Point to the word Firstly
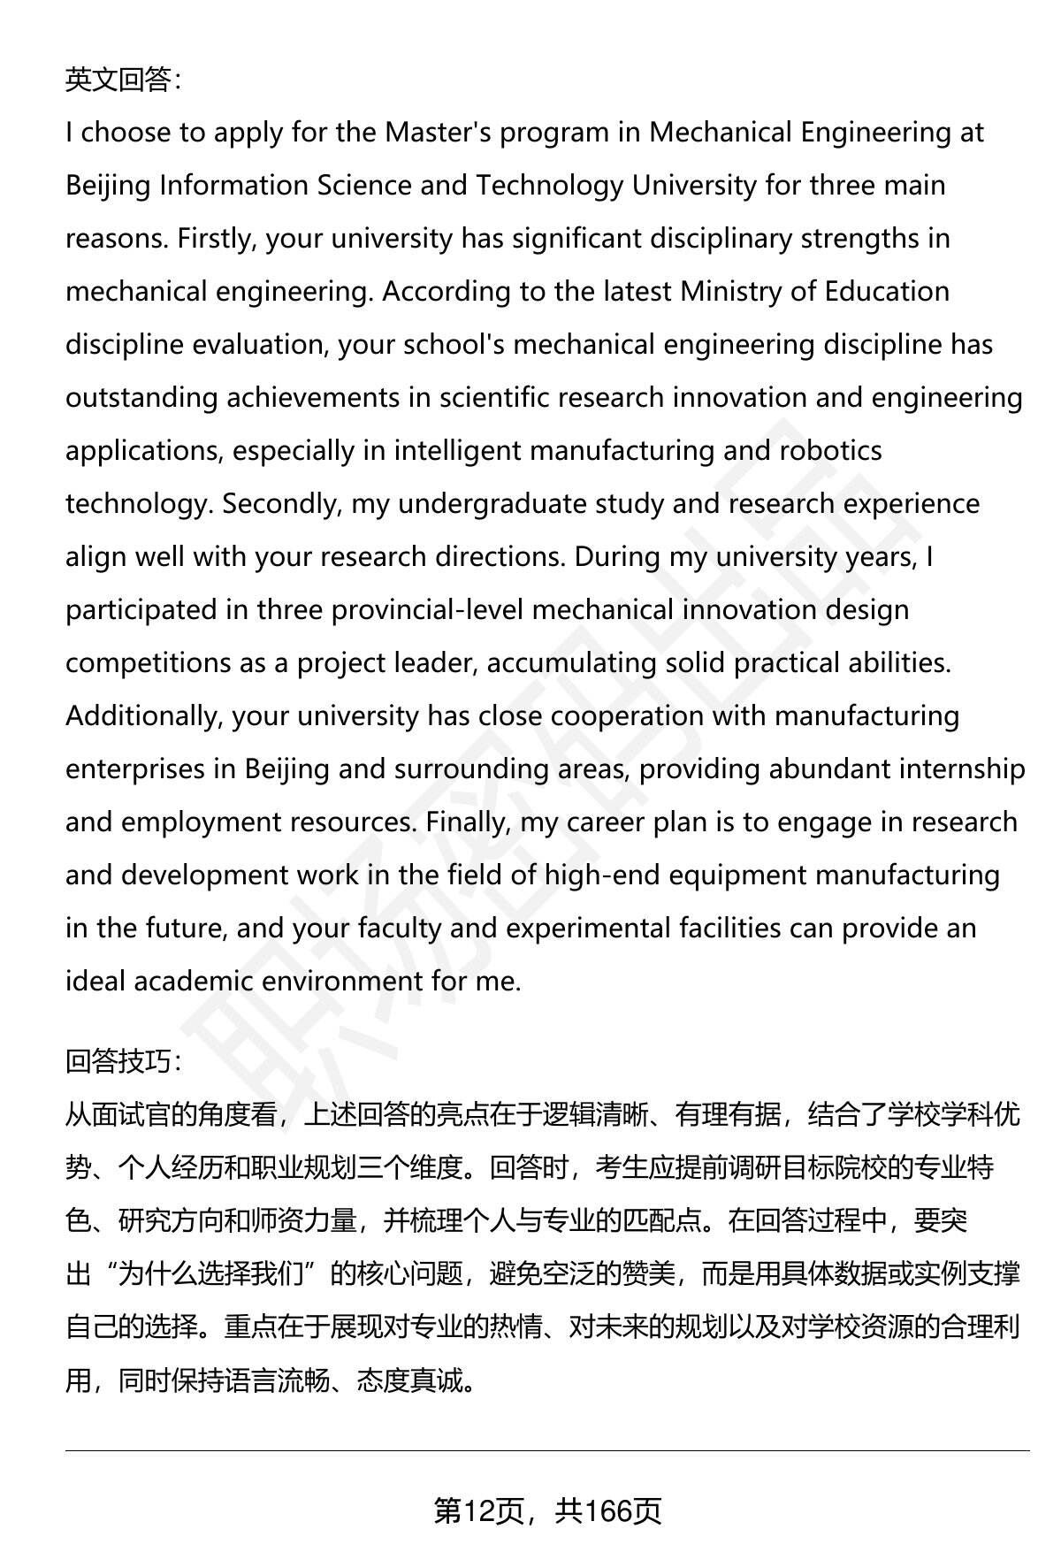(x=217, y=239)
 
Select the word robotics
(x=830, y=451)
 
